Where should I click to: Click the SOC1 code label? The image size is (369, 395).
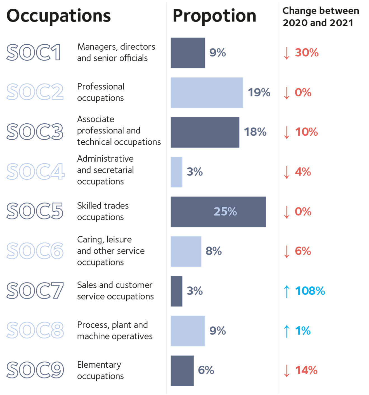34,52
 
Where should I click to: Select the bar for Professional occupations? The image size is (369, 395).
207,93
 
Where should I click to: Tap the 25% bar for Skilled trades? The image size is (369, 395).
218,212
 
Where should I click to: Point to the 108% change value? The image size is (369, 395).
310,291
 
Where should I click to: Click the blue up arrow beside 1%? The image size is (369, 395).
287,331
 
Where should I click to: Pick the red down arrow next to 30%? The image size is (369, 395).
287,53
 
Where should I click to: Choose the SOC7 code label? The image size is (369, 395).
35,291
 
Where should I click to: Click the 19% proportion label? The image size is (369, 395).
259,93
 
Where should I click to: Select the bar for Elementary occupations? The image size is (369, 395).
182,371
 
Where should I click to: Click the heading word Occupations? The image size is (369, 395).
59,16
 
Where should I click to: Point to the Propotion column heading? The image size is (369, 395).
214,16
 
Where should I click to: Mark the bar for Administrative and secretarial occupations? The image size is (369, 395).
176,172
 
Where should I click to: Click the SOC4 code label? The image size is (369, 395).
36,171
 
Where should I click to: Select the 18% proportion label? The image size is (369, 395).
255,132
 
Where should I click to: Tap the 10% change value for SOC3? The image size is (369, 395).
306,132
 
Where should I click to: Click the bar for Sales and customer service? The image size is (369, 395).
176,291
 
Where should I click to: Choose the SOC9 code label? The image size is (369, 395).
35,370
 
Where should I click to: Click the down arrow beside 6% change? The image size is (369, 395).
287,252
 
